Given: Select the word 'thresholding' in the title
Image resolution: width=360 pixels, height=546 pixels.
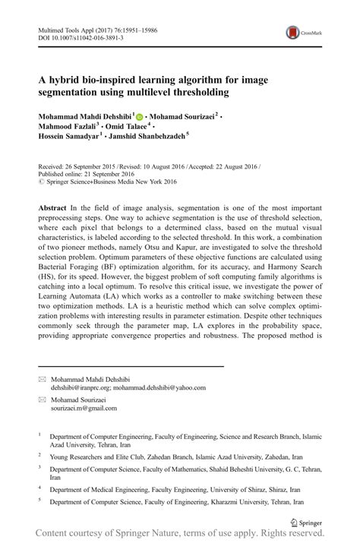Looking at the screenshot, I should click(193, 92).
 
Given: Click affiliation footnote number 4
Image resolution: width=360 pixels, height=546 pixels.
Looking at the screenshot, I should click(39, 491).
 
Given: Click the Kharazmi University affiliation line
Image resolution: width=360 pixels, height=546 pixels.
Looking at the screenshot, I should click(175, 502).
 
